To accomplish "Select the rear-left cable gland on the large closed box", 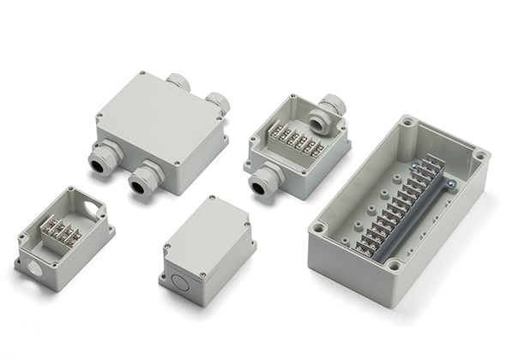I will coord(178,83).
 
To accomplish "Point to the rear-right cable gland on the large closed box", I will coord(217,103).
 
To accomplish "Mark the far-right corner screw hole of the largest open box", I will coord(480,157).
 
